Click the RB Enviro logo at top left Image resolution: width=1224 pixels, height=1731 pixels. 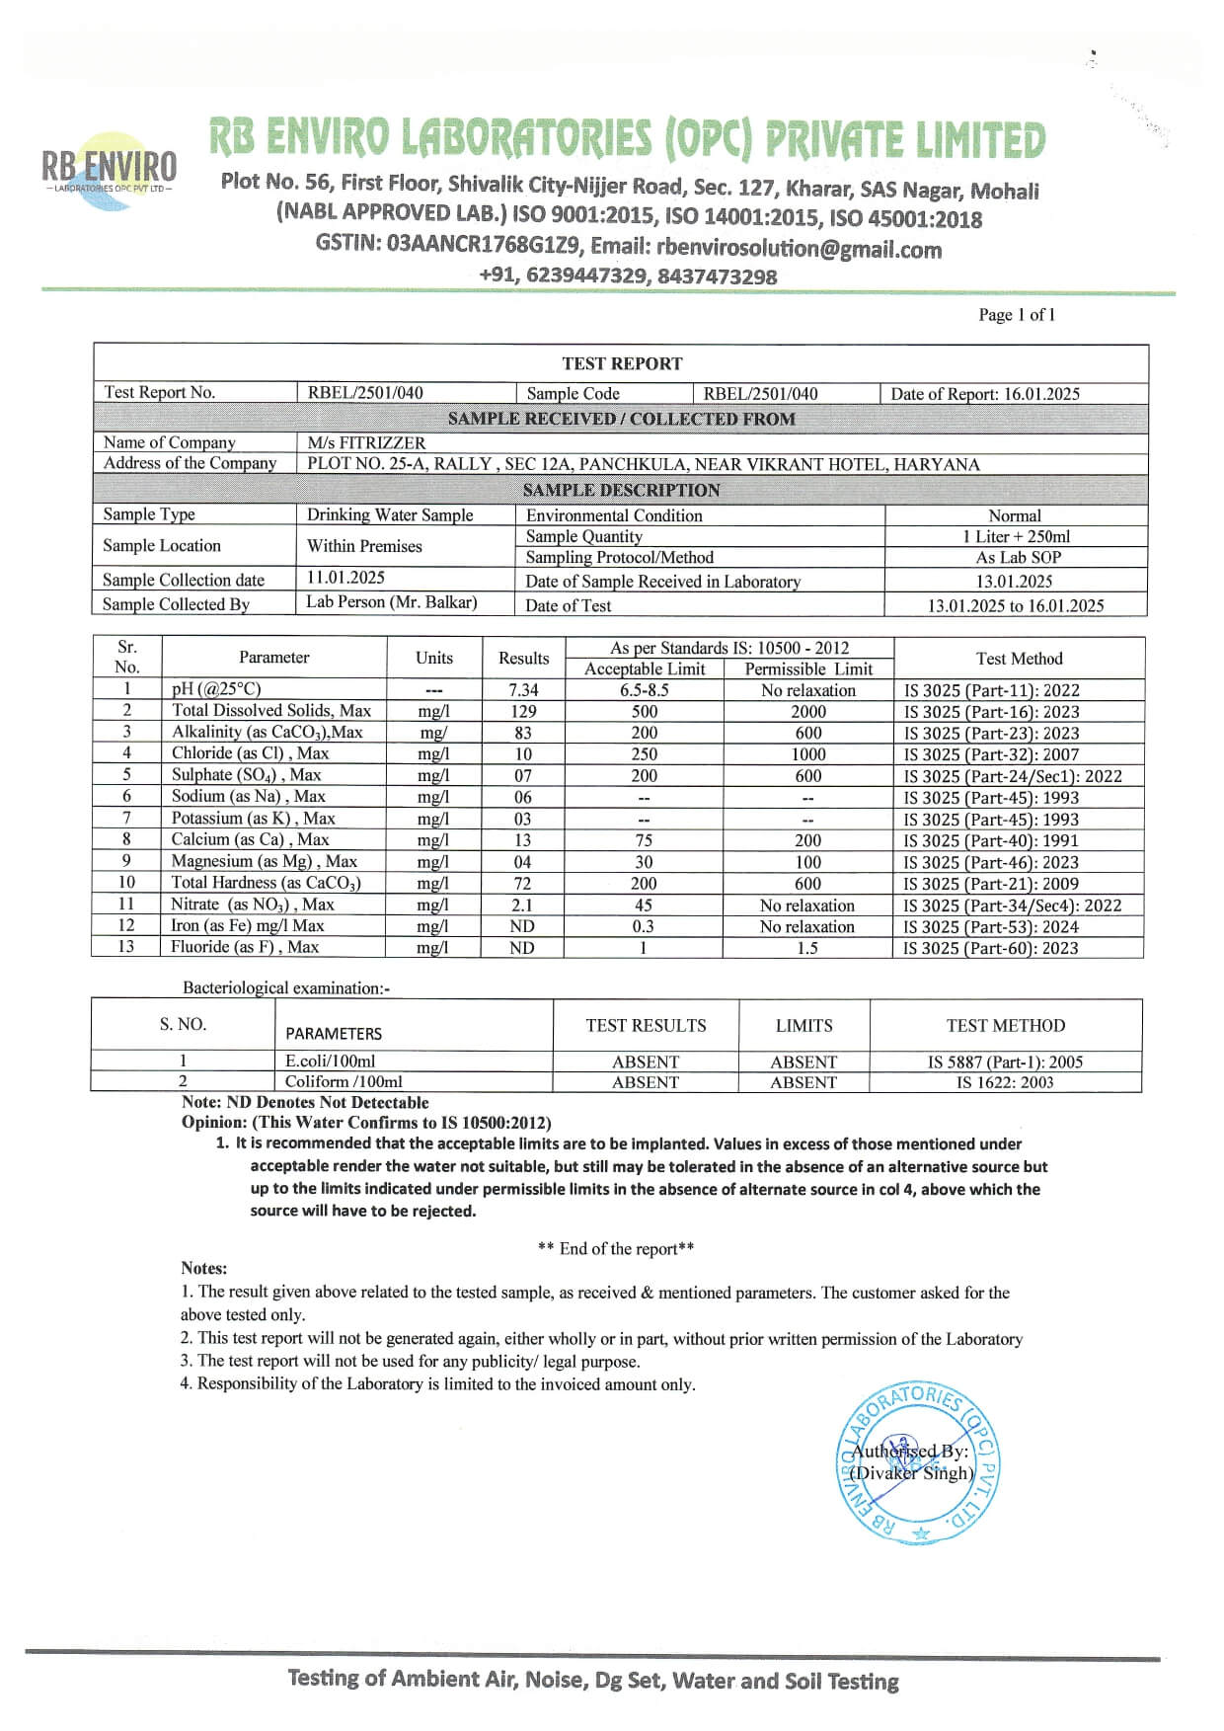[x=109, y=170]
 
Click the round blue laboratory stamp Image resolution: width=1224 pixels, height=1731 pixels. [x=918, y=1462]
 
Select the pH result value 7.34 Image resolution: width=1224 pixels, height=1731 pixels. [x=522, y=690]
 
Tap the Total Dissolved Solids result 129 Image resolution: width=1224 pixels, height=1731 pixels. [x=522, y=711]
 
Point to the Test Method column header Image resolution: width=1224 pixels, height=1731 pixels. [x=1019, y=659]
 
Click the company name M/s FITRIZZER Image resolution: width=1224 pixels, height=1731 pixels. [x=366, y=442]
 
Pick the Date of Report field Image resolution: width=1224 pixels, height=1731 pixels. [x=984, y=393]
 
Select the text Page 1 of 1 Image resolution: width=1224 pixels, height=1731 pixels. [x=1016, y=315]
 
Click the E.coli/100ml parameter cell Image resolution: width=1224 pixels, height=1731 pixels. [x=330, y=1062]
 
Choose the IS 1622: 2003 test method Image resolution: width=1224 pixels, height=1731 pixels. [x=1005, y=1082]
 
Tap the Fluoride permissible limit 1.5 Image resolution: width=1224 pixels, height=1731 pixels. [x=807, y=948]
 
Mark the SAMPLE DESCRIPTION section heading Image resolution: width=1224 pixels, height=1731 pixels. [x=621, y=490]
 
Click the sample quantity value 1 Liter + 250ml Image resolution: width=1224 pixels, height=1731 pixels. [x=1016, y=536]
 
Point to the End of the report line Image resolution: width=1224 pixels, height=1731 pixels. [x=616, y=1248]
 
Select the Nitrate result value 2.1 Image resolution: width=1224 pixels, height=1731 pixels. [x=522, y=905]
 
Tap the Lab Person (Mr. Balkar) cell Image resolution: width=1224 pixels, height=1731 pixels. [x=391, y=602]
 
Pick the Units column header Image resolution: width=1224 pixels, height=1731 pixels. [x=433, y=658]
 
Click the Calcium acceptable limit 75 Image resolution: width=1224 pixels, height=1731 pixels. [x=644, y=840]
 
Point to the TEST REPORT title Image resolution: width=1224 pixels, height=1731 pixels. [x=622, y=363]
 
